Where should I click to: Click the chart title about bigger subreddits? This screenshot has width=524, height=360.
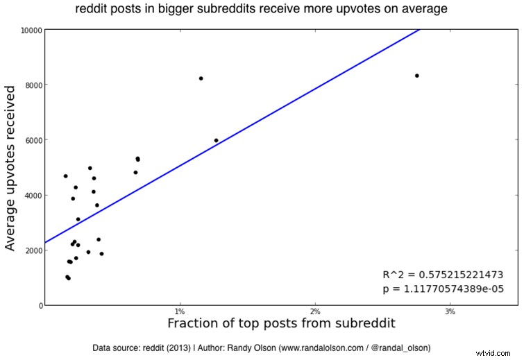(x=262, y=9)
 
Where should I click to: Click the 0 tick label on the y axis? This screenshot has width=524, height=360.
(x=37, y=305)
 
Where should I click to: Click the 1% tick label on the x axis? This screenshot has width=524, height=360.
(x=180, y=312)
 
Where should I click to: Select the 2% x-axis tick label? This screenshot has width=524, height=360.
(x=315, y=312)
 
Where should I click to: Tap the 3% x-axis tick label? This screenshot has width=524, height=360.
(x=450, y=312)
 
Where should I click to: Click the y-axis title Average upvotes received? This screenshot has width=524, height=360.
(x=10, y=168)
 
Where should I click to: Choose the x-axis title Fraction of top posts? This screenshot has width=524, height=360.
(x=281, y=324)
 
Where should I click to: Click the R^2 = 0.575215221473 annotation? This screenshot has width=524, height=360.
(x=443, y=275)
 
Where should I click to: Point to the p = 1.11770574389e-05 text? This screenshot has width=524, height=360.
(x=443, y=289)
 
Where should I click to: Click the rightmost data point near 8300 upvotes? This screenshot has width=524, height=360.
(x=416, y=76)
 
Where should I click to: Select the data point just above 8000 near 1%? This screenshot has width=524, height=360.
(x=201, y=78)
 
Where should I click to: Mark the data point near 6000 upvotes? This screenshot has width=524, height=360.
(x=216, y=140)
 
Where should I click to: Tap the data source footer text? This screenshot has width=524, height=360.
(x=261, y=347)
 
